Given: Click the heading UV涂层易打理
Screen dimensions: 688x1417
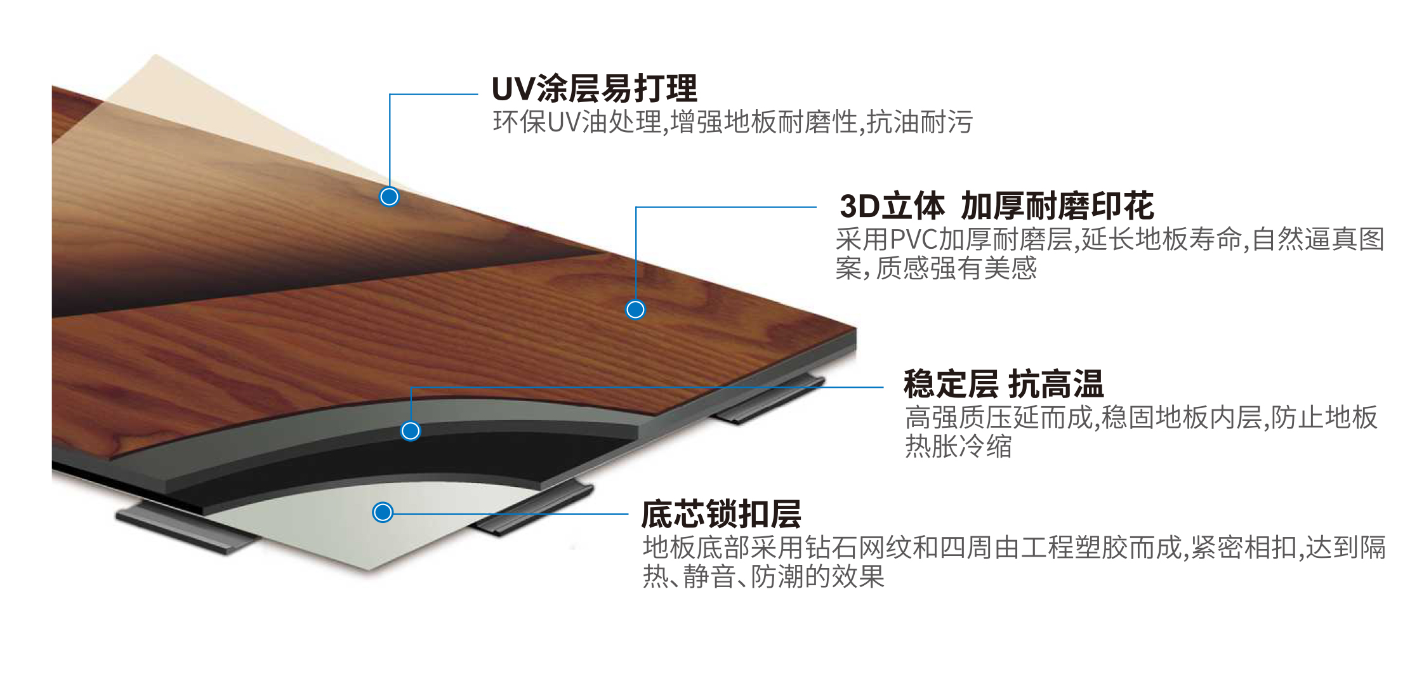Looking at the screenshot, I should pos(594,89).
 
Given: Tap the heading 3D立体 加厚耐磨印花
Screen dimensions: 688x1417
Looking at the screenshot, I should pos(996,206).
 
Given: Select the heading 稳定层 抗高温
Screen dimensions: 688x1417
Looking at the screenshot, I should pos(1003,384).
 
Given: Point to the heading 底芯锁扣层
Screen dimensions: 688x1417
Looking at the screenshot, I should pos(721,514).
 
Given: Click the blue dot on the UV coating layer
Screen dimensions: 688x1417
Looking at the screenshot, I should pos(389,197).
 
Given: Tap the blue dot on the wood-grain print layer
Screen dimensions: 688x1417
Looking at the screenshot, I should pos(635,310).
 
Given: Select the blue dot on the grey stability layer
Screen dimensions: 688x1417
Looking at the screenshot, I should pos(411,432).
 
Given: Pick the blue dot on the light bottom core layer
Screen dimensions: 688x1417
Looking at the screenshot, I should pos(383,512).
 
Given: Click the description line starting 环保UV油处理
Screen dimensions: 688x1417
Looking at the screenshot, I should pos(732,122).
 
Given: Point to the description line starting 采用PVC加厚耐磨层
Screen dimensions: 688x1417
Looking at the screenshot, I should pos(1109,240).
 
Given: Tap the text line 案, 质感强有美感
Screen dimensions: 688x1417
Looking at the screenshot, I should pos(935,268).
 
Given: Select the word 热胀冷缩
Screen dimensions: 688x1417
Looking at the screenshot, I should pos(958,447).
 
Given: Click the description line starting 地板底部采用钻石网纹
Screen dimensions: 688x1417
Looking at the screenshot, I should pos(1013,548).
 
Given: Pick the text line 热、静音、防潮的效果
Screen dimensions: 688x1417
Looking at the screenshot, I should pos(763,577).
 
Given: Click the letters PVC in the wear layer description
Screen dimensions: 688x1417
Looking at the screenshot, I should pos(914,240).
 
